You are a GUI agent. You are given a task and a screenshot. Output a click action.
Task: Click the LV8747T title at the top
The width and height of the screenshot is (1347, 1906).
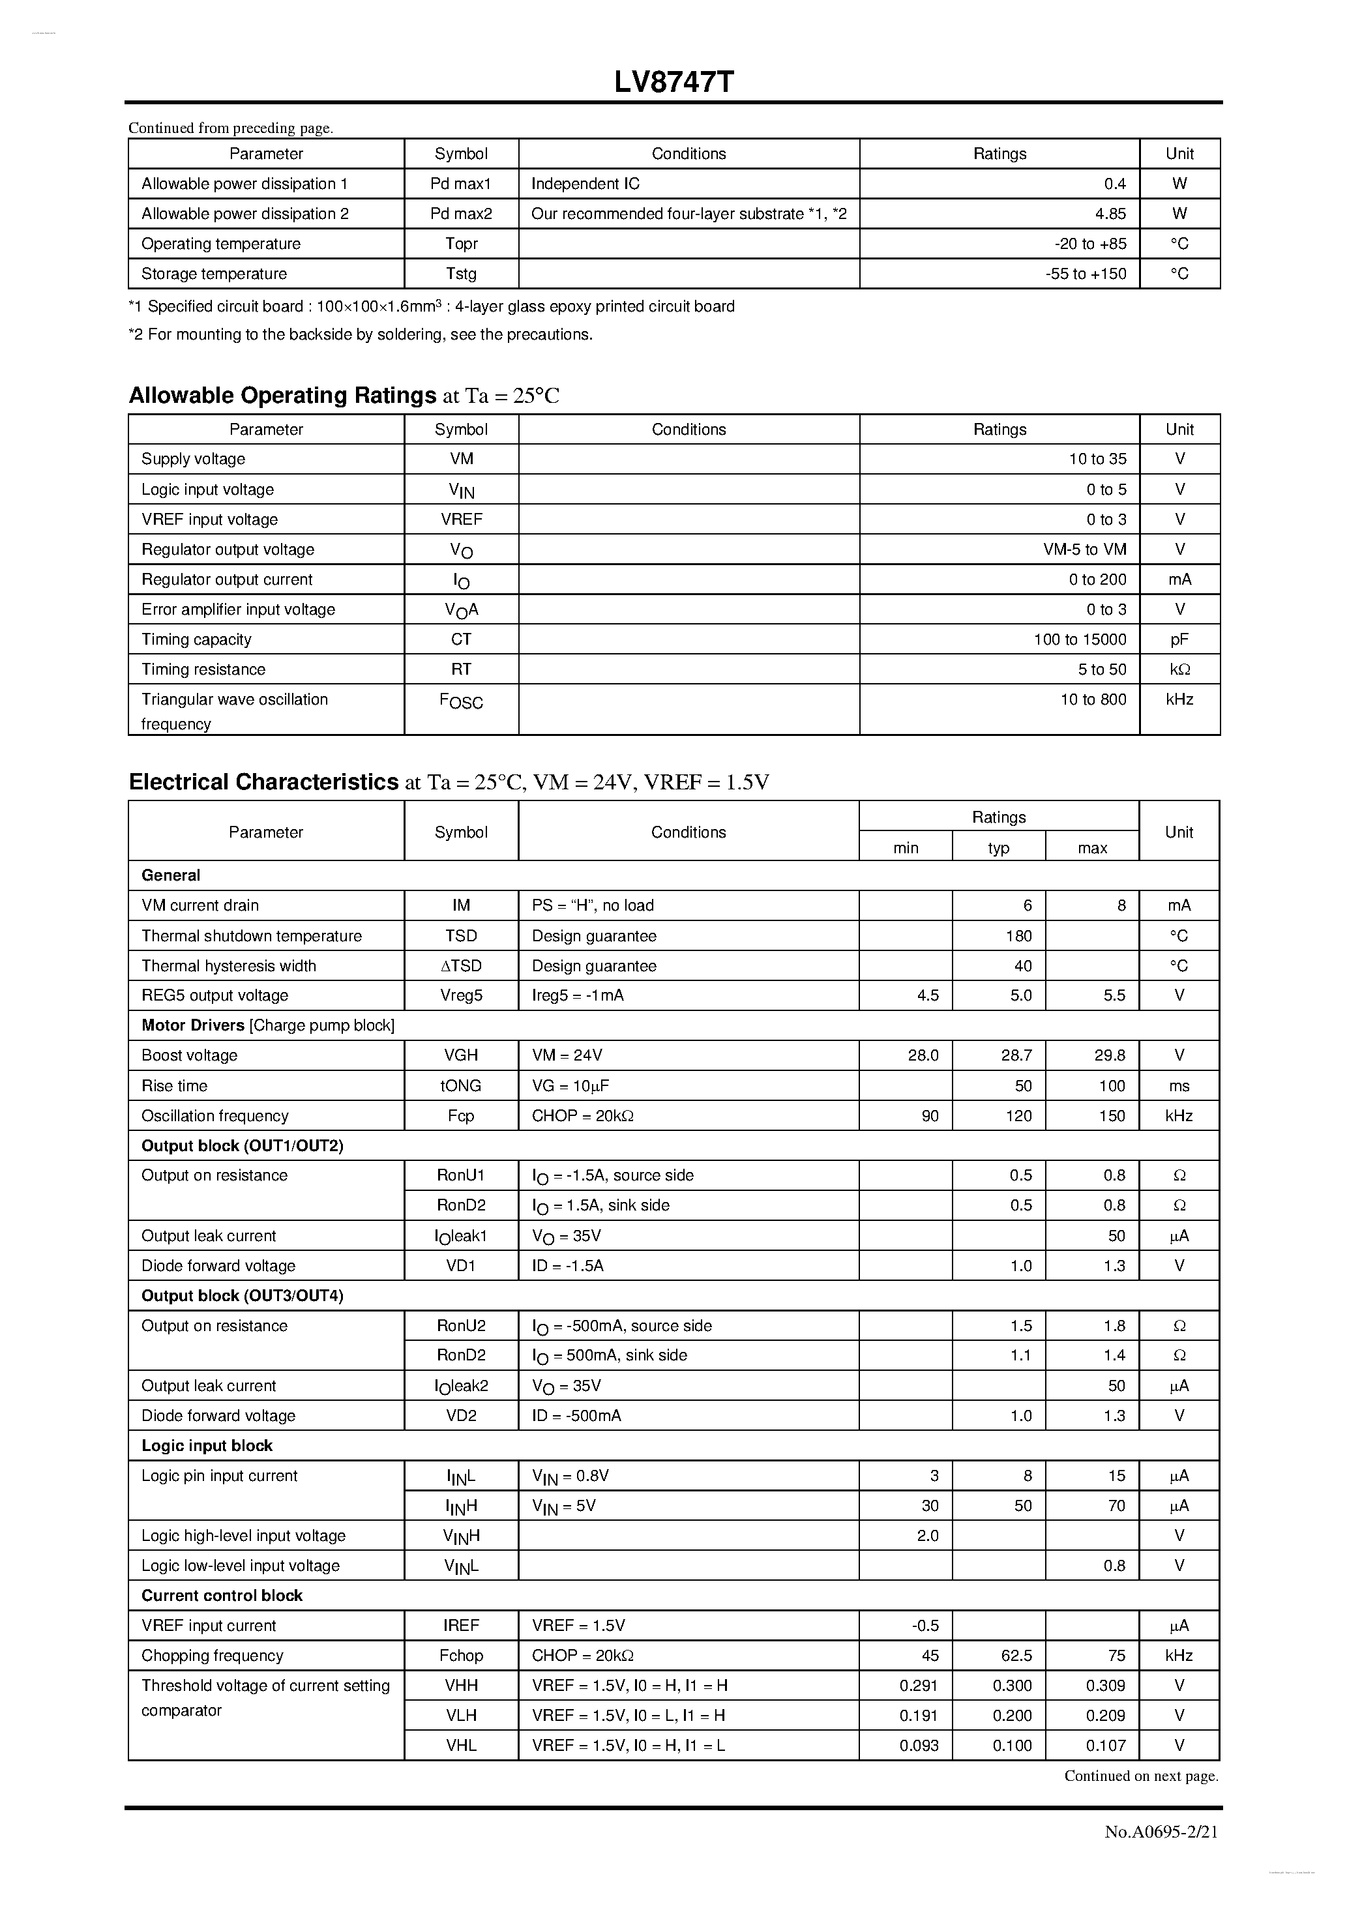pyautogui.click(x=673, y=82)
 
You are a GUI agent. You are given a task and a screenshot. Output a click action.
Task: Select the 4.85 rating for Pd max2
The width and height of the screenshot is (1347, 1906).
pyautogui.click(x=1110, y=213)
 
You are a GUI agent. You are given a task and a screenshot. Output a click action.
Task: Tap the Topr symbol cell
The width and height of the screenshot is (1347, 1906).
pyautogui.click(x=461, y=244)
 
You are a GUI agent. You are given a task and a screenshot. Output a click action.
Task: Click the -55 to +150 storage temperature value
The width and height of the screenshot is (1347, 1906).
pyautogui.click(x=1086, y=274)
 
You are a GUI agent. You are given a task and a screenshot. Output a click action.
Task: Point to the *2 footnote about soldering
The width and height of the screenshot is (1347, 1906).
pyautogui.click(x=361, y=334)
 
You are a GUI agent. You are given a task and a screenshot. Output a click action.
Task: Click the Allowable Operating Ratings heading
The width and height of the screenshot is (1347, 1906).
pyautogui.click(x=282, y=395)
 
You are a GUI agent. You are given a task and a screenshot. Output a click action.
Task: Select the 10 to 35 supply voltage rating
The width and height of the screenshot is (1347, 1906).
pyautogui.click(x=1097, y=459)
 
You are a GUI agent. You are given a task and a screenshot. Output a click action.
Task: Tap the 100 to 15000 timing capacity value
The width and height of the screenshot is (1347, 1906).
pyautogui.click(x=1080, y=639)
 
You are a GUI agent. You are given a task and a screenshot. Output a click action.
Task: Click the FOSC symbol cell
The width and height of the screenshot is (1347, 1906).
pyautogui.click(x=461, y=701)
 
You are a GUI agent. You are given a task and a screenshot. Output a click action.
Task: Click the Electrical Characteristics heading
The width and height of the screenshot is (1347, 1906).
pyautogui.click(x=264, y=782)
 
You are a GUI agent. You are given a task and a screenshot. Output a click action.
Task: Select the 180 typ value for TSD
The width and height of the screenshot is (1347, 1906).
pyautogui.click(x=1018, y=935)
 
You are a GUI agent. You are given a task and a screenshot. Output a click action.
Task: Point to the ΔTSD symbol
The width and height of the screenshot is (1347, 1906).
pyautogui.click(x=461, y=965)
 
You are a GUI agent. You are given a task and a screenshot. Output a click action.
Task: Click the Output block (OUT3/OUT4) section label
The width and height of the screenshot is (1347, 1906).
pyautogui.click(x=242, y=1296)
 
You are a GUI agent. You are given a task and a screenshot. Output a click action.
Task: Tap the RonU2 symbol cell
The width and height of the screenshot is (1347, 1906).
pyautogui.click(x=461, y=1326)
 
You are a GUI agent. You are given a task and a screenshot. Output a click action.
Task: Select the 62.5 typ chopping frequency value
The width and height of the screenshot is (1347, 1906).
pyautogui.click(x=1016, y=1655)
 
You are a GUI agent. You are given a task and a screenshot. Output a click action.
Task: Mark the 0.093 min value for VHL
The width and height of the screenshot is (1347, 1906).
pyautogui.click(x=919, y=1745)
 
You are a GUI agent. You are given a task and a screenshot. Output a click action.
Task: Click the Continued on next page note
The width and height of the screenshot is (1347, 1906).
pyautogui.click(x=1141, y=1776)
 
